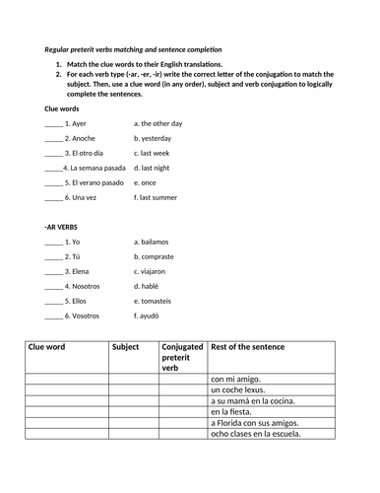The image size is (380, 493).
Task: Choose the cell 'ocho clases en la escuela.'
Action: click(x=255, y=433)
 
